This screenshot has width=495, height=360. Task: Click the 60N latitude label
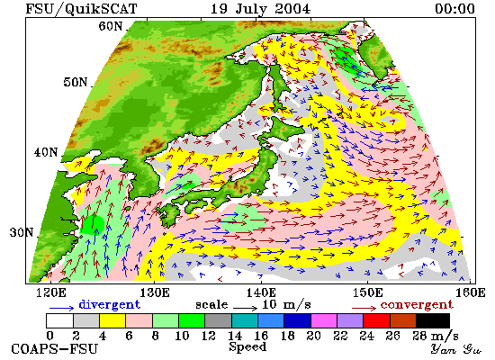pos(110,26)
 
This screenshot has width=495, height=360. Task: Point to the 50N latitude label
pos(75,83)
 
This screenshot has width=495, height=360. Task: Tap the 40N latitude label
pos(46,152)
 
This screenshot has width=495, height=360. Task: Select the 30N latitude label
pos(22,233)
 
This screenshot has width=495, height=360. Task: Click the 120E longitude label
pos(51,293)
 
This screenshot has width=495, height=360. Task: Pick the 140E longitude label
pos(261,293)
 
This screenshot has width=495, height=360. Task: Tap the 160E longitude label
pos(471,293)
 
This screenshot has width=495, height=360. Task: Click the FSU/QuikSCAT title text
pos(81,9)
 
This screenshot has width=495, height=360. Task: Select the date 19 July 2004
pos(260,9)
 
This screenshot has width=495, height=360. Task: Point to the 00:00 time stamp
pos(454,9)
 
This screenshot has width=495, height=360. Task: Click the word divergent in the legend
pos(109,305)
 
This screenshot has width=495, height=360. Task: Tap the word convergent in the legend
pos(417,305)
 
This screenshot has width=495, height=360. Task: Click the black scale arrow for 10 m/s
pos(246,307)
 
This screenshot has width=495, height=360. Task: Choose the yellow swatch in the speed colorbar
pos(112,320)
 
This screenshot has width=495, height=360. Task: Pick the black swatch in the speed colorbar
pos(433,320)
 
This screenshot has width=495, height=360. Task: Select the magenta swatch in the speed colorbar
pos(324,320)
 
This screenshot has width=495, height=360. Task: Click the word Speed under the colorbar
pos(247,347)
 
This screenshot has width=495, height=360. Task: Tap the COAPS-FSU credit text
pos(54,349)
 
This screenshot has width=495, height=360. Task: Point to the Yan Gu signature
pos(456,349)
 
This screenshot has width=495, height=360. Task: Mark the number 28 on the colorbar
pos(419,336)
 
